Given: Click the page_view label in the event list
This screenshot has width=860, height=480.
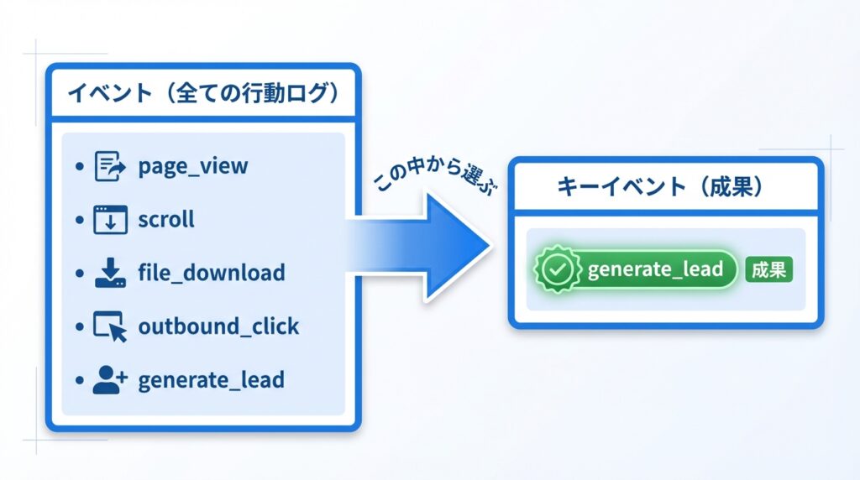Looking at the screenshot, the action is click(193, 166).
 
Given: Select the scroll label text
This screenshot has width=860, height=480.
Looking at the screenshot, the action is click(166, 219).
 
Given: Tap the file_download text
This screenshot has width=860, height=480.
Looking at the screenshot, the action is click(212, 273).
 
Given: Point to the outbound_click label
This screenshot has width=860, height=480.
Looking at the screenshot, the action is click(219, 326).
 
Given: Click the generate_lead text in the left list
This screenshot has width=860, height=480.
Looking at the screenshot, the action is click(211, 380).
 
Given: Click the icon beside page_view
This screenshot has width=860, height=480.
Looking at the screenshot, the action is click(110, 166).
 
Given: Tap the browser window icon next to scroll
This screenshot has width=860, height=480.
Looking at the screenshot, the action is click(110, 220).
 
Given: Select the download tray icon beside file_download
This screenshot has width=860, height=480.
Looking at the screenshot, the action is click(110, 273).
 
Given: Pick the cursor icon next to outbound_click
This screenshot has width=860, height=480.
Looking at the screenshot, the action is click(110, 326).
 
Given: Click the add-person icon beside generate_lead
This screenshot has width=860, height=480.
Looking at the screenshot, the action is click(110, 380).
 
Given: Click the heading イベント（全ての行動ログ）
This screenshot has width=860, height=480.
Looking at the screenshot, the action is click(203, 92).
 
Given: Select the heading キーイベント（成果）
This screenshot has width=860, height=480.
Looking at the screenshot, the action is click(660, 186).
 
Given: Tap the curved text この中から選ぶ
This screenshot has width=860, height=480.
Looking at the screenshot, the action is click(436, 175).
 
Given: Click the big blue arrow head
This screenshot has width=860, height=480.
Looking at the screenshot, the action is click(458, 247).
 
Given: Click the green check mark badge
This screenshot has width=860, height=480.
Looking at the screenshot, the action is click(558, 269).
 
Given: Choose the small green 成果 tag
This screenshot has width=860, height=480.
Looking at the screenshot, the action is click(769, 269).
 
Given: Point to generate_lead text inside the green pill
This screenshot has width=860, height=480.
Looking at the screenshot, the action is click(655, 269).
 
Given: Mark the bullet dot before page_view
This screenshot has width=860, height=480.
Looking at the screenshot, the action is click(80, 166).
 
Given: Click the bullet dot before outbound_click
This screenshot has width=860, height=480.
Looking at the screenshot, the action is click(80, 326).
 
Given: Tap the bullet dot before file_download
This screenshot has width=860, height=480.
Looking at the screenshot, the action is click(80, 273).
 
